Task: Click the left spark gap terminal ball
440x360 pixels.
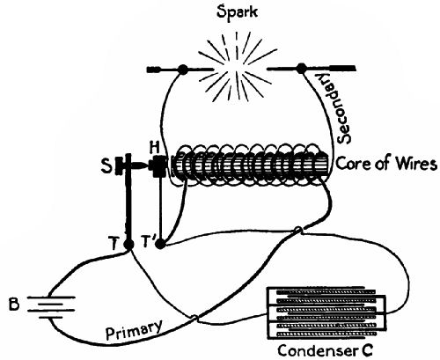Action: click(183, 68)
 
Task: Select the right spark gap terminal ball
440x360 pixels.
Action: click(303, 67)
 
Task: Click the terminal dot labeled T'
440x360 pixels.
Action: click(159, 243)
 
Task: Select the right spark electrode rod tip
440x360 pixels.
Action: click(339, 67)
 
